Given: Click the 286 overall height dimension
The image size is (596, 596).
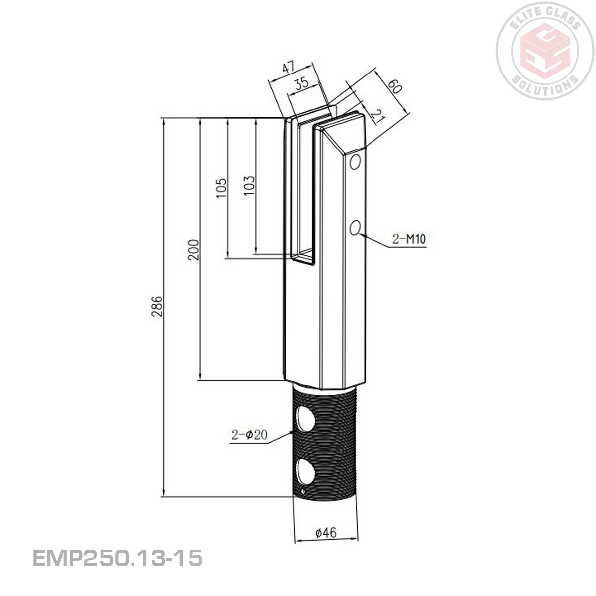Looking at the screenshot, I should [x=156, y=307].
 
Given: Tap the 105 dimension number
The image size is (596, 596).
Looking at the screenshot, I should [x=222, y=188].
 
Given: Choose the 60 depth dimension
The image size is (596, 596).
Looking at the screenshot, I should [x=393, y=86].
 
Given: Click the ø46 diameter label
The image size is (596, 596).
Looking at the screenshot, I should [x=326, y=533].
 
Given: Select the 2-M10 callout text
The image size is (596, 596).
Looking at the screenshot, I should [x=409, y=239].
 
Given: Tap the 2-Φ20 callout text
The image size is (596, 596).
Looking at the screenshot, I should [x=249, y=435].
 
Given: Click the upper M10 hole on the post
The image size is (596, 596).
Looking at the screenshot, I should [x=355, y=162].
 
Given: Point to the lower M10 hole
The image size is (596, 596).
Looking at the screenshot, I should [x=355, y=228].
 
